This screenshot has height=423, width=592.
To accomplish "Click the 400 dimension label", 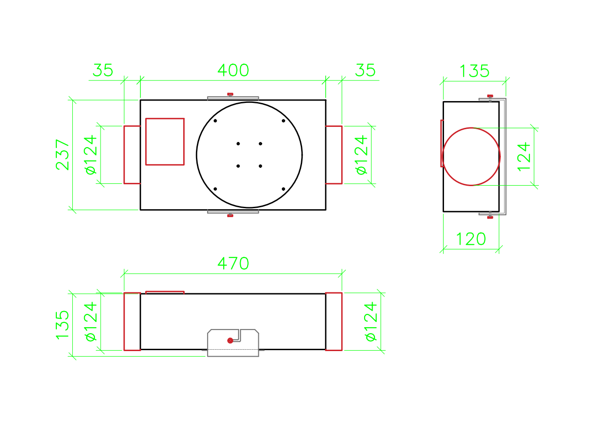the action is point(233,70).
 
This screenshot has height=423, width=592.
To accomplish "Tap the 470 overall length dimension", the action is point(233,263).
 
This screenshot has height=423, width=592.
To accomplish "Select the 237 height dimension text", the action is point(62,155).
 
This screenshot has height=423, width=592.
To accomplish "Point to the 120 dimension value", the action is point(471,239).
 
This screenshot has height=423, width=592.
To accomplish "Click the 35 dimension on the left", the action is point(103,70).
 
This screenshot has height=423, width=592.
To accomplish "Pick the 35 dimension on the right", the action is point(365,70).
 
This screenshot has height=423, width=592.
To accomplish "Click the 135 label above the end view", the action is point(475,71).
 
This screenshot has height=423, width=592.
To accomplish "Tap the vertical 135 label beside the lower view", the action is point(62,325).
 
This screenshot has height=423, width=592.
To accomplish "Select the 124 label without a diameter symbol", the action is point(523,157).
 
